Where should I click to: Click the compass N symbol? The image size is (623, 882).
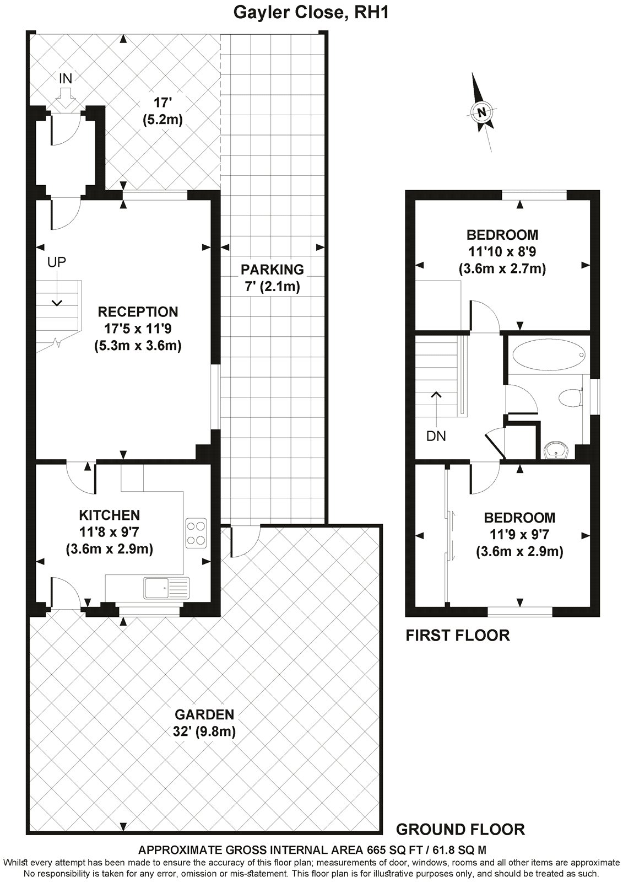pyautogui.click(x=483, y=112)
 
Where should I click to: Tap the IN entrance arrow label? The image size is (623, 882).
pyautogui.click(x=65, y=78)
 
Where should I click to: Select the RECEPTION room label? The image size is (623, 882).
pyautogui.click(x=138, y=311)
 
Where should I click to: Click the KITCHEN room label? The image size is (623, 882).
pyautogui.click(x=110, y=515)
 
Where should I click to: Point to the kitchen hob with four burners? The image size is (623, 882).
pyautogui.click(x=197, y=533)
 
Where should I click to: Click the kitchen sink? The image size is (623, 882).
pyautogui.click(x=166, y=588)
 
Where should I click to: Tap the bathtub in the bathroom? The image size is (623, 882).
pyautogui.click(x=548, y=354)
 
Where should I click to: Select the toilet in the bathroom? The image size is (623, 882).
pyautogui.click(x=570, y=397)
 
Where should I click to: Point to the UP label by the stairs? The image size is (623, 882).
pyautogui.click(x=56, y=262)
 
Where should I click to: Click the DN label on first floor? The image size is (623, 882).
pyautogui.click(x=436, y=436)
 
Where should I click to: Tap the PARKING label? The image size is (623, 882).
pyautogui.click(x=272, y=270)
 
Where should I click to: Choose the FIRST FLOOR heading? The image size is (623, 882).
pyautogui.click(x=457, y=635)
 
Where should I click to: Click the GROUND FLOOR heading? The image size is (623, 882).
pyautogui.click(x=460, y=829)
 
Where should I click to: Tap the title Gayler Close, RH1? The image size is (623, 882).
pyautogui.click(x=311, y=12)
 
